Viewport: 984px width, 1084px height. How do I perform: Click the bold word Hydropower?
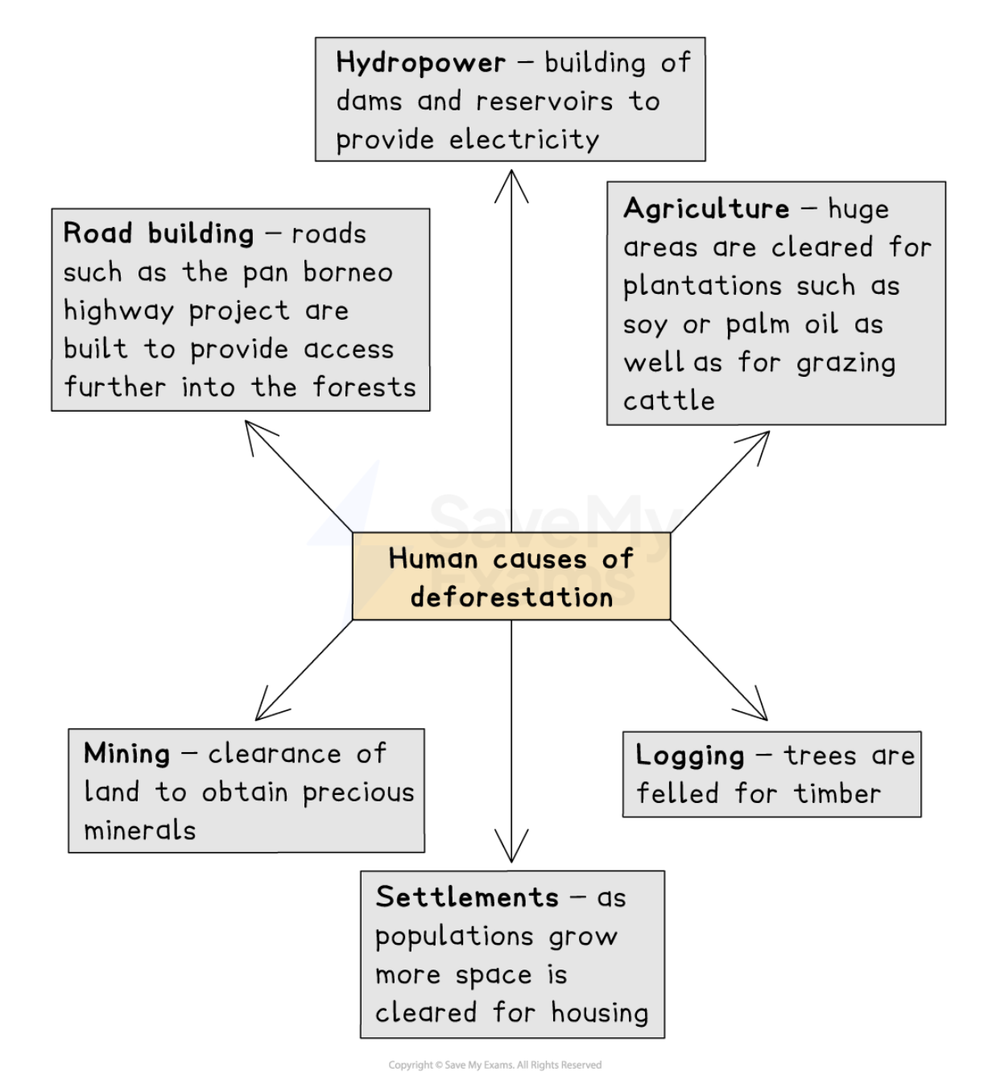coord(420,63)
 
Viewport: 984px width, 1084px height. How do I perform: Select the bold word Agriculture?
coord(706,209)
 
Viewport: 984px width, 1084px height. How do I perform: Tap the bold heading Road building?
coord(159,234)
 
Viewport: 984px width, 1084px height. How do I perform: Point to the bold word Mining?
coord(127,754)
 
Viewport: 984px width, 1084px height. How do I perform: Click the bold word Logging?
coord(690,755)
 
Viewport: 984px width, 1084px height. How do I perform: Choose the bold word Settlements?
coord(467,897)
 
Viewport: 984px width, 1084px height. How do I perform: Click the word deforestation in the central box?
coord(511,598)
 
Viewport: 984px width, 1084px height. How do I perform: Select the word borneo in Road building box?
coord(348,272)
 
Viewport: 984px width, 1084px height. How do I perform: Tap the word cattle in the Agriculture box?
coord(669,400)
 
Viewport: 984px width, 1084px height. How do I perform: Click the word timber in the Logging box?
coord(837,794)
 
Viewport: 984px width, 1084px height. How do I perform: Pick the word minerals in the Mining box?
coord(140,830)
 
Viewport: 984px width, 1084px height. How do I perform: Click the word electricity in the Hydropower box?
coord(524,140)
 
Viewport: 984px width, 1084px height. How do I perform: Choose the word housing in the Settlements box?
coord(600,1013)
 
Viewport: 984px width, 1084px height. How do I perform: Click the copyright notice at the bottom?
coord(494,1065)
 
